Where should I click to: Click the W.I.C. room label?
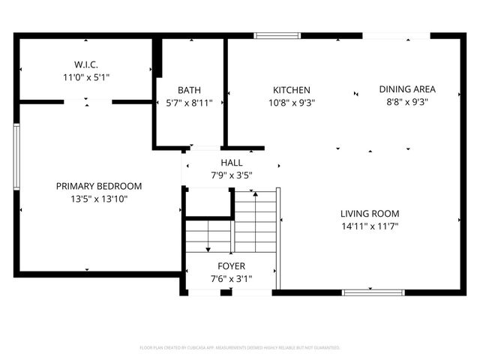point(87,64)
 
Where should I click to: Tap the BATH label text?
point(189,91)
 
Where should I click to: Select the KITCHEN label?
point(291,90)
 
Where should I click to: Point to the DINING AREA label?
point(406,89)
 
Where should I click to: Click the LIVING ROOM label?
point(370,213)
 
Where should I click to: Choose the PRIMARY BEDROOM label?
point(99,186)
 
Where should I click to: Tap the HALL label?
point(231,163)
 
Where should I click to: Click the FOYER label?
point(231,266)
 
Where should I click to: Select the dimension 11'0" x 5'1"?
point(87,76)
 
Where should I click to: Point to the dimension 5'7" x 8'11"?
point(189,103)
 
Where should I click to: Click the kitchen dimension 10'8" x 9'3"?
point(291,103)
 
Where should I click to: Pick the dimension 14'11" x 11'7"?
point(370,226)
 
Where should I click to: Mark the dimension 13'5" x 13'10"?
point(99,199)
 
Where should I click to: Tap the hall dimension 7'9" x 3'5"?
point(231,175)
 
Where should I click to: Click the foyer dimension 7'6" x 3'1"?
point(231,279)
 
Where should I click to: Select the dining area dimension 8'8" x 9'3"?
point(406,103)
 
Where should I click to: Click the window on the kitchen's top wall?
point(277,35)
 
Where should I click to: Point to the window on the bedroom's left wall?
point(16,156)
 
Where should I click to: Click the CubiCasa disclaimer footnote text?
point(240,348)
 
